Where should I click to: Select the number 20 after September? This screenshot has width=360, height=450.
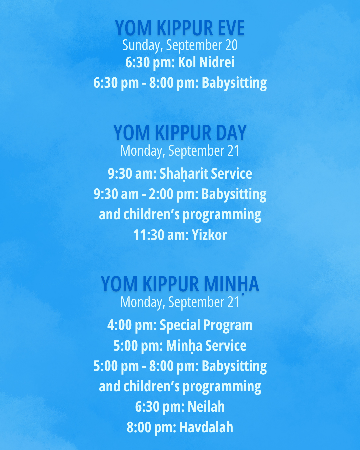click(231, 45)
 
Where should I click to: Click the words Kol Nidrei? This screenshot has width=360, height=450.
click(206, 62)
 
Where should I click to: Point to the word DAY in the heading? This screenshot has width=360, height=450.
click(231, 133)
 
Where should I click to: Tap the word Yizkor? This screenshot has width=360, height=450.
click(209, 235)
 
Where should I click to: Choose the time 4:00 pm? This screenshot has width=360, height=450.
click(132, 325)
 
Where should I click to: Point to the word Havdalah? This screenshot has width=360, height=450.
click(206, 427)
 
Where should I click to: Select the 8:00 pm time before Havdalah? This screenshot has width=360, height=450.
click(151, 427)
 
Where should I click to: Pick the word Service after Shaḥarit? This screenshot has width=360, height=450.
click(231, 174)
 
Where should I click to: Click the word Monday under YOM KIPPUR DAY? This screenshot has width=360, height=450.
click(142, 151)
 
